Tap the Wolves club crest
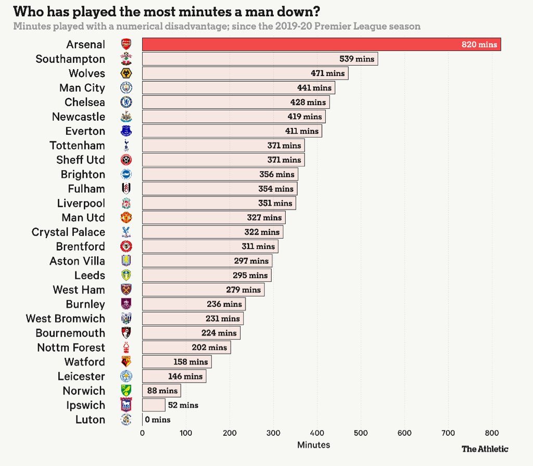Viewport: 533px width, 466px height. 126,73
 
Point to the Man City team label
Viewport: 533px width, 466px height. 82,88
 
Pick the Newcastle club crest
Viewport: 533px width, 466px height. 126,116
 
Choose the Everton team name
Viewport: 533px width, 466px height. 85,131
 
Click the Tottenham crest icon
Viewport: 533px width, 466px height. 126,146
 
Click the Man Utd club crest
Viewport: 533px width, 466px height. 126,217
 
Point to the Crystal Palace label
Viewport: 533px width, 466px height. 68,232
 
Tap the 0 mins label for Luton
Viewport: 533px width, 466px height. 157,420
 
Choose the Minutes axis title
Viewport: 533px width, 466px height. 313,445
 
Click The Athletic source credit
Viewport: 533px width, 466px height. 485,448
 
